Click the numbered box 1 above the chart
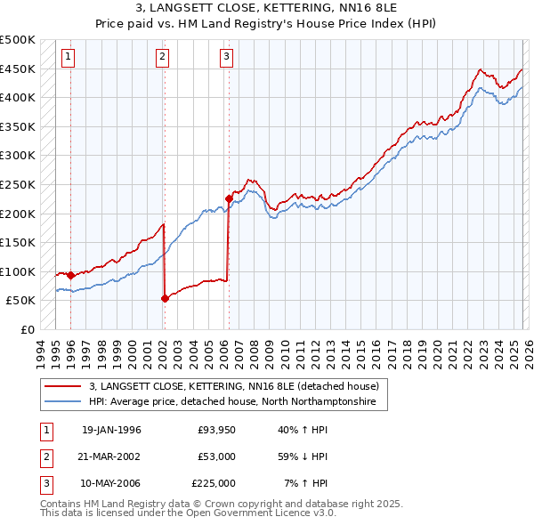coord(69,58)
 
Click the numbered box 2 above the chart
coord(162,58)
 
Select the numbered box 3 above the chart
coord(227,58)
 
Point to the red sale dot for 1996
coord(70,275)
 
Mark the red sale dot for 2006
coord(229,199)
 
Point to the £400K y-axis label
coord(18,97)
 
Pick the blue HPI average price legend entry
coord(232,402)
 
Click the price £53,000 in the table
coord(217,456)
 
